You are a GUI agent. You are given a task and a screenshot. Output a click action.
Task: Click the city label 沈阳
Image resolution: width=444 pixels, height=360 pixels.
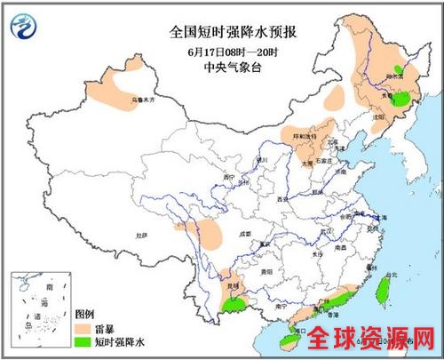pyautogui.click(x=379, y=116)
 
